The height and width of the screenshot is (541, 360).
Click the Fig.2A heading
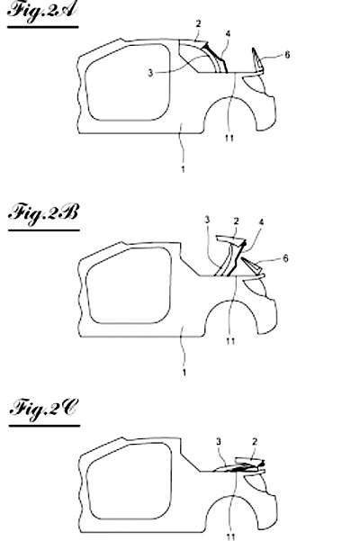click(41, 10)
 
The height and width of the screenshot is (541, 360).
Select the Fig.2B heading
click(43, 213)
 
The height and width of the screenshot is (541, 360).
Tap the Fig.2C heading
click(44, 410)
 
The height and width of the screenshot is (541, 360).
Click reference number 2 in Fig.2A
click(198, 23)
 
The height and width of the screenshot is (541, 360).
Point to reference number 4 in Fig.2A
click(228, 34)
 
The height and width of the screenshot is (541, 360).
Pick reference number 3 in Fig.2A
click(150, 73)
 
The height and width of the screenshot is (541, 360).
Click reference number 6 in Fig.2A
click(287, 55)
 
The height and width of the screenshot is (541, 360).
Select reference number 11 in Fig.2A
click(229, 138)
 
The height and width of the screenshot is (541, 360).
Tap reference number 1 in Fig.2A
click(183, 169)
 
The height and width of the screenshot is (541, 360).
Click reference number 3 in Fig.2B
click(207, 220)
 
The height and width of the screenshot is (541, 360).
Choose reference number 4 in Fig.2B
click(261, 222)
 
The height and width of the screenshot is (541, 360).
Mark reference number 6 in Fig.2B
click(285, 258)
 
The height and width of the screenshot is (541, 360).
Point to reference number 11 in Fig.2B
click(230, 341)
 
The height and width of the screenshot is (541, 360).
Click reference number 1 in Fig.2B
click(184, 373)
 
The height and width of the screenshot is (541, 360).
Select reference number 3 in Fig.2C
click(219, 441)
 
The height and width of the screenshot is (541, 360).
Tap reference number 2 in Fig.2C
click(255, 441)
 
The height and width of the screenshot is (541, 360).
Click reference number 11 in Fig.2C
click(231, 536)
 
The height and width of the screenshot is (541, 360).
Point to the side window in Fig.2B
click(130, 285)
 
